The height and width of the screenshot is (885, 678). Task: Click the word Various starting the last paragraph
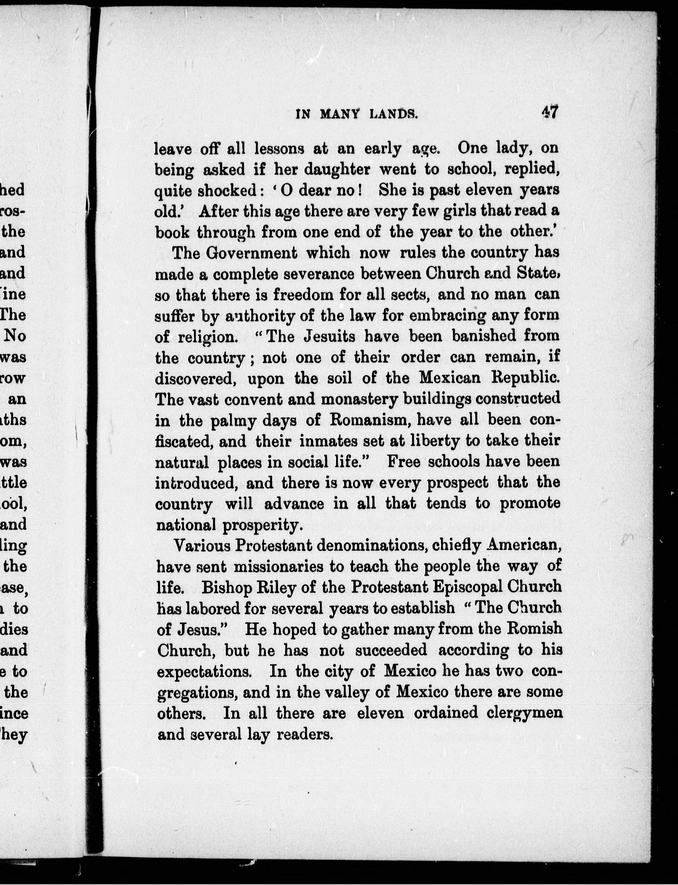[x=201, y=546]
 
